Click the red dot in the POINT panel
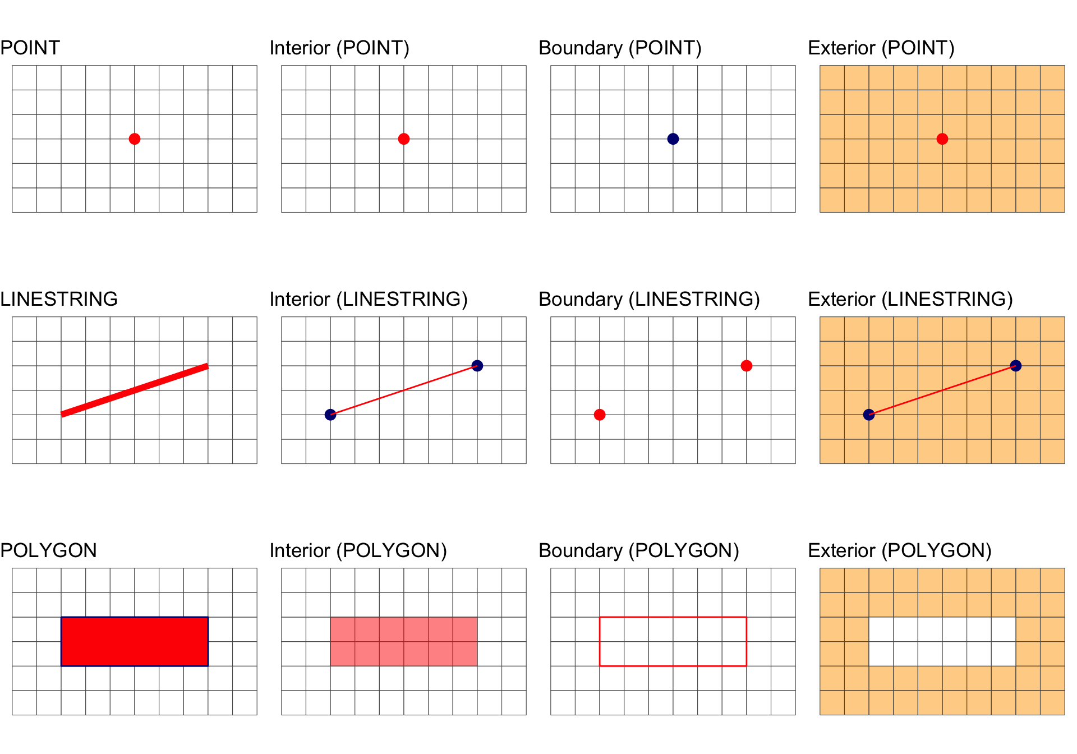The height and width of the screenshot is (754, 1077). [135, 139]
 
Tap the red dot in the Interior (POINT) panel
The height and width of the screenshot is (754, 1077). [404, 139]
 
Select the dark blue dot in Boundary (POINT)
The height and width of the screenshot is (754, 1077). [673, 139]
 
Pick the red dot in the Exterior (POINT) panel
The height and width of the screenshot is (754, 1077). [942, 139]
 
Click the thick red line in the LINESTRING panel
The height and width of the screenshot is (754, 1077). [135, 390]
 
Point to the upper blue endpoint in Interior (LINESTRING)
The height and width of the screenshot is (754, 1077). [477, 366]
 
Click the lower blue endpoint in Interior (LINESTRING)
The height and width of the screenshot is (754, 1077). [330, 415]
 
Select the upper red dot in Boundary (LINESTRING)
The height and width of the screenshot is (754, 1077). [747, 366]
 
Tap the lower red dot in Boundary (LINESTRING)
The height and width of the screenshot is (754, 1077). [600, 415]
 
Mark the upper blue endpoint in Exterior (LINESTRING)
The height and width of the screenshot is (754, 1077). [1016, 366]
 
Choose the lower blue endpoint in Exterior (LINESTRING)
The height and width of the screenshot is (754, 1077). [869, 415]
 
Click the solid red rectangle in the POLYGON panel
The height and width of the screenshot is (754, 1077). [135, 642]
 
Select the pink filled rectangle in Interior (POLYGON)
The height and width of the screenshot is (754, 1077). [404, 642]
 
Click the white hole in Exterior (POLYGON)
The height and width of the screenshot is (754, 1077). [942, 642]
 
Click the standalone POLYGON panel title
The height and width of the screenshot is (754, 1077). [49, 550]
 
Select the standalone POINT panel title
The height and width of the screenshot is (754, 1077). [30, 48]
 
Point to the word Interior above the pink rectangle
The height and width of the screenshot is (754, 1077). [300, 550]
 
